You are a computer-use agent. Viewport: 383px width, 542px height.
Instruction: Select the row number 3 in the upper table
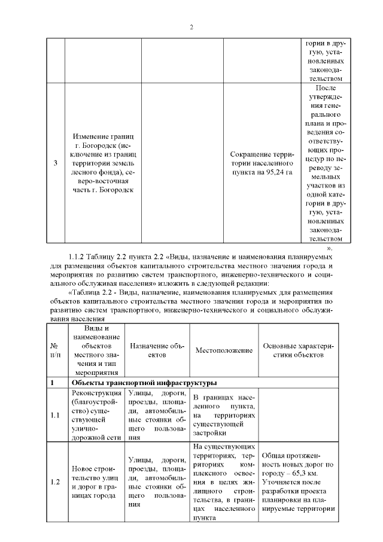[56, 163]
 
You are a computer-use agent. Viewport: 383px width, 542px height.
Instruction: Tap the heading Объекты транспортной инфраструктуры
[144, 383]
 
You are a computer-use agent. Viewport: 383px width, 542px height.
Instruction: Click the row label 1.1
[55, 415]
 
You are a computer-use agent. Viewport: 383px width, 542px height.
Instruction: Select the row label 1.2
[55, 482]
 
